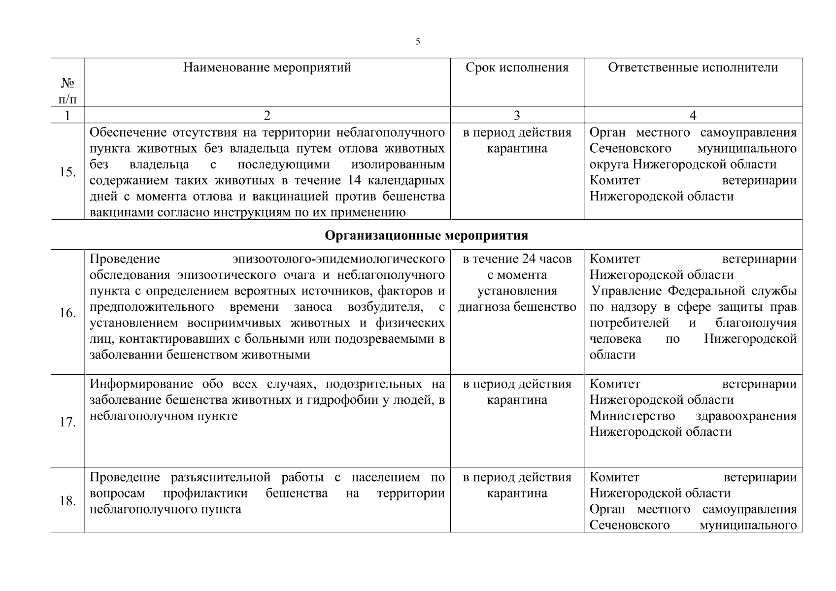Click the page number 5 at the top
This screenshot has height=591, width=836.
[x=418, y=42]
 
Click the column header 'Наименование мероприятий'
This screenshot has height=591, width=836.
[x=267, y=67]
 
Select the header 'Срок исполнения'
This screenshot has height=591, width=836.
[x=517, y=67]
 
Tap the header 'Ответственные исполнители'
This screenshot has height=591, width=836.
[x=693, y=67]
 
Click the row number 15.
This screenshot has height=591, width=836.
[x=67, y=172]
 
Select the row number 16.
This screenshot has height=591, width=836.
[x=67, y=313]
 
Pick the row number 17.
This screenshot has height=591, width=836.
[x=67, y=422]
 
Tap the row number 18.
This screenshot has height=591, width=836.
[x=67, y=501]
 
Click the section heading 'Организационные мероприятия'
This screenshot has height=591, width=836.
[x=426, y=235]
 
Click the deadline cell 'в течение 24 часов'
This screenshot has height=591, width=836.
[x=517, y=259]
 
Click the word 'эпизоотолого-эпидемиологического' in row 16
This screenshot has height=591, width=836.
[x=338, y=259]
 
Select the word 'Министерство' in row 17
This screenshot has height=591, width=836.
[x=632, y=416]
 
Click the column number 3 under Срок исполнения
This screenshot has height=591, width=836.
[x=516, y=116]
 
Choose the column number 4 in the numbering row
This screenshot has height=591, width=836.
[x=693, y=116]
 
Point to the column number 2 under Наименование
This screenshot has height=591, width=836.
[x=267, y=116]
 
